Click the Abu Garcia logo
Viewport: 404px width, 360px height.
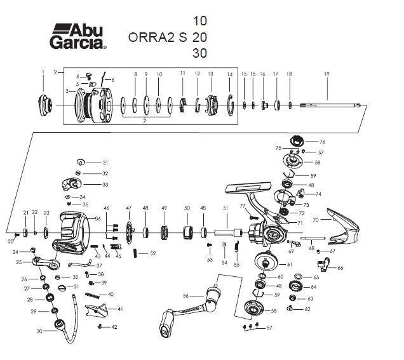click(x=77, y=36)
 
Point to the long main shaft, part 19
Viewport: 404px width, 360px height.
click(x=330, y=105)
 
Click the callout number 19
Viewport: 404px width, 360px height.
click(x=327, y=75)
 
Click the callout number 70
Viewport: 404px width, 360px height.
click(x=318, y=219)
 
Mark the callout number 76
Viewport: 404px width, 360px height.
click(x=322, y=142)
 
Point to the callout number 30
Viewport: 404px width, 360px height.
click(x=39, y=331)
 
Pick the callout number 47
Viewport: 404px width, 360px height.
click(x=128, y=208)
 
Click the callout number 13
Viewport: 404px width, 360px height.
click(x=210, y=74)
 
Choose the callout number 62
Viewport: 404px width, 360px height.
click(x=307, y=309)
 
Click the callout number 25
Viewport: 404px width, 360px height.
click(x=19, y=262)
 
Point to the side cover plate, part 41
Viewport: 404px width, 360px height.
click(x=95, y=311)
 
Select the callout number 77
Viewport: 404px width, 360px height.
click(x=243, y=207)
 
